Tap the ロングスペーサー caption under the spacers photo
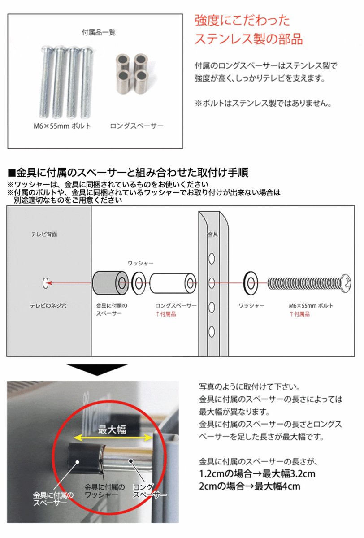click(137, 126)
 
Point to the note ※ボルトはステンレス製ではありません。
click(263, 104)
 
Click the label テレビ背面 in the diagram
click(44, 234)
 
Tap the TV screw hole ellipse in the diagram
click(45, 283)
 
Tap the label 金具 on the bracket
click(212, 234)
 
